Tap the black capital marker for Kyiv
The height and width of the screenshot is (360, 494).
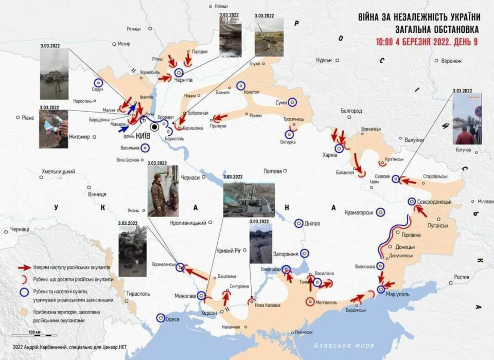(x=154, y=127)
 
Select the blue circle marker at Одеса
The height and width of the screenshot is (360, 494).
(x=161, y=318)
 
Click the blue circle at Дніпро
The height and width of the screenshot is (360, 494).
(x=299, y=223)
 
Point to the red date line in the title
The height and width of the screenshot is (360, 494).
(x=419, y=42)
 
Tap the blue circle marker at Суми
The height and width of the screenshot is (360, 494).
(x=293, y=102)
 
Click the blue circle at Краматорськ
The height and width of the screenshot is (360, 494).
(x=380, y=211)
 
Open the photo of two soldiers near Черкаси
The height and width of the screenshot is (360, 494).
(x=163, y=191)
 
